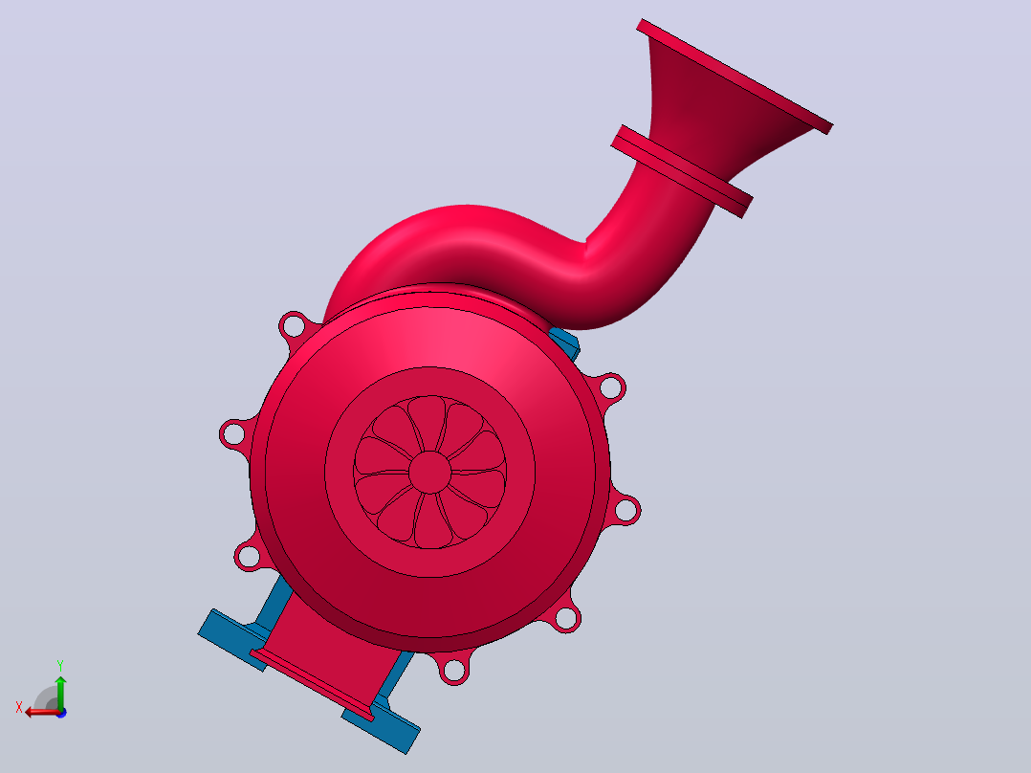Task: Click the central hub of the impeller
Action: pyautogui.click(x=430, y=472)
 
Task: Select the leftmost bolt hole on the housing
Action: pyautogui.click(x=232, y=434)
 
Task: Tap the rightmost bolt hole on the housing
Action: pyautogui.click(x=625, y=510)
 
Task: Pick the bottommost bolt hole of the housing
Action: pyautogui.click(x=453, y=671)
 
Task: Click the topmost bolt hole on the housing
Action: pyautogui.click(x=294, y=325)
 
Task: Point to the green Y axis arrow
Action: pyautogui.click(x=60, y=693)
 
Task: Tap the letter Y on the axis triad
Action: pyautogui.click(x=60, y=666)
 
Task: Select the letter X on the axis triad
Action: pyautogui.click(x=19, y=707)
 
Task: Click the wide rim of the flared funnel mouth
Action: pyautogui.click(x=735, y=77)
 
